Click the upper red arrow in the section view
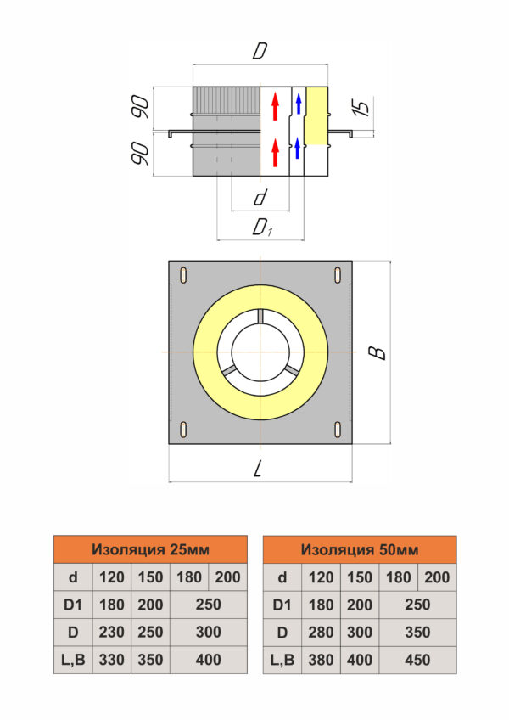(x=276, y=106)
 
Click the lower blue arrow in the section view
(x=298, y=148)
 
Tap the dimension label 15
(x=361, y=107)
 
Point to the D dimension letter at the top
(x=260, y=51)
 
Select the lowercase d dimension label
(x=260, y=197)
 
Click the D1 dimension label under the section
(x=262, y=228)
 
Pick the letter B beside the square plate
(x=378, y=352)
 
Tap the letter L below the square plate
(x=258, y=469)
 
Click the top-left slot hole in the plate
(x=183, y=275)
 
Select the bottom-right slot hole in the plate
(x=338, y=430)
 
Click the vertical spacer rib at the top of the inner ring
(x=260, y=316)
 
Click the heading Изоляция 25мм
(x=150, y=549)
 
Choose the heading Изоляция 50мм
(x=360, y=549)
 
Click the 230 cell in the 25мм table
(x=111, y=633)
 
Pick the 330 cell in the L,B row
(x=111, y=660)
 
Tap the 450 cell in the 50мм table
(x=417, y=660)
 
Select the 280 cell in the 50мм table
(x=321, y=633)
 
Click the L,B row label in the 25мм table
(x=73, y=660)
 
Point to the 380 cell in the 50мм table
(x=321, y=660)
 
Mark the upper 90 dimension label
(x=141, y=108)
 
